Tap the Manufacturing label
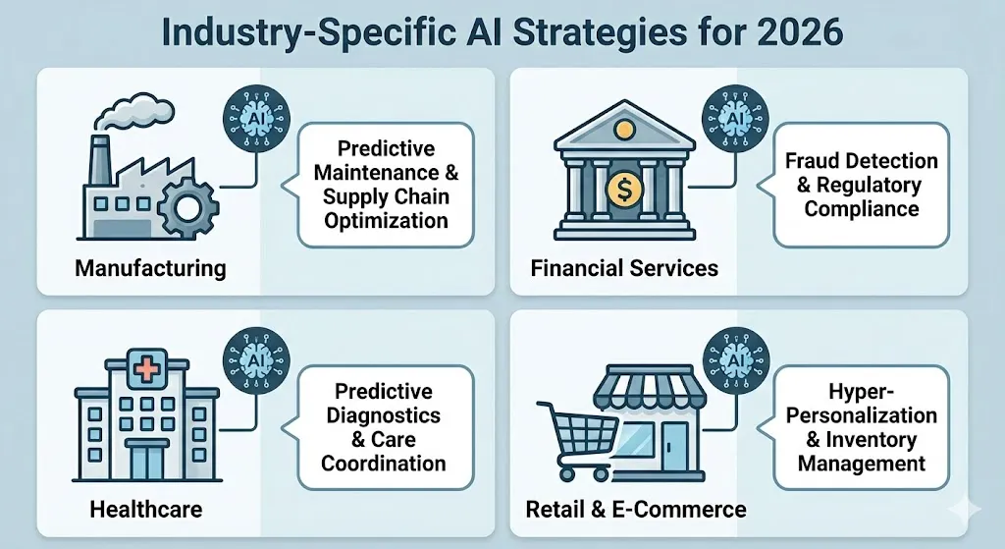[x=150, y=267]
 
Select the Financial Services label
[x=624, y=267]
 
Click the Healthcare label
[x=145, y=509]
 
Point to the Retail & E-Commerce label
[x=636, y=509]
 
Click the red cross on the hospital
[x=145, y=371]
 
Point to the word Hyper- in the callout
[x=863, y=391]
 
